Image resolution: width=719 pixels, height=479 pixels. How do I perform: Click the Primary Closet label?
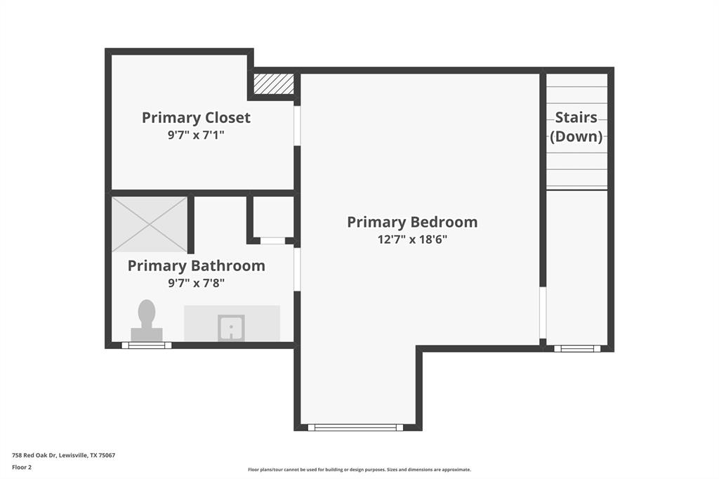[x=196, y=117]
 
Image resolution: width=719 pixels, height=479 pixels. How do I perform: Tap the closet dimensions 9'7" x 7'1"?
[x=196, y=135]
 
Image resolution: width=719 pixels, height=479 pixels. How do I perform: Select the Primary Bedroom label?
[x=412, y=222]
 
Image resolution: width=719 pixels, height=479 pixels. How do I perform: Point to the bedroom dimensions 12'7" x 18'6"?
[x=412, y=240]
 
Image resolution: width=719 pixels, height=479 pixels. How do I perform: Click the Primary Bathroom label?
[x=196, y=265]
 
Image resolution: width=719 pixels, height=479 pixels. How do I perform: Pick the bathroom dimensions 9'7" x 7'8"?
[x=196, y=283]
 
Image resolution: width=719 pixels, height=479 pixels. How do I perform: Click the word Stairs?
[x=576, y=117]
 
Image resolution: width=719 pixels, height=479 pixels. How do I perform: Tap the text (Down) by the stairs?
[x=576, y=136]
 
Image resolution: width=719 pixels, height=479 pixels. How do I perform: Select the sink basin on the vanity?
[x=230, y=327]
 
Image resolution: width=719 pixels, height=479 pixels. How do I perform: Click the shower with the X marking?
[x=150, y=224]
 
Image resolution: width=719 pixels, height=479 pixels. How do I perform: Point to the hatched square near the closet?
[x=273, y=84]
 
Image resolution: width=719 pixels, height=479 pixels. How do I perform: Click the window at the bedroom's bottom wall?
[x=355, y=427]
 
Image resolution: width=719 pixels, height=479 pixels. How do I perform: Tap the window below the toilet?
[x=146, y=345]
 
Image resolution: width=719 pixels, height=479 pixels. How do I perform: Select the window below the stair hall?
[x=576, y=348]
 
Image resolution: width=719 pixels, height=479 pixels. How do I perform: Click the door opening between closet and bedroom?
[x=297, y=126]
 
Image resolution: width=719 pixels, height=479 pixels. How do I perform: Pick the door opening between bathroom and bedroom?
[x=297, y=269]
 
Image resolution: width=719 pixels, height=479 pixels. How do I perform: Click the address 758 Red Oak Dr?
[x=63, y=455]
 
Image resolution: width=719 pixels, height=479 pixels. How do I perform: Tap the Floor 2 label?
[x=22, y=466]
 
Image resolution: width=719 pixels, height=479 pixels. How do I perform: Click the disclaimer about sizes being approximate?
[x=359, y=470]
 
